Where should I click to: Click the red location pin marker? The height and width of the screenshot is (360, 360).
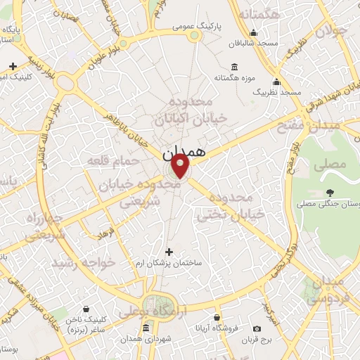181,166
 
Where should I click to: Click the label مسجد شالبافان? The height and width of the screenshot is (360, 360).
257,43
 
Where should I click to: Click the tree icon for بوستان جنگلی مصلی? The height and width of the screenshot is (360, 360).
330,192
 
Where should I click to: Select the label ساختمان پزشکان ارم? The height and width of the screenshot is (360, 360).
169,262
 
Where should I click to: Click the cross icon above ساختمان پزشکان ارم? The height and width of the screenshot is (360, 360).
169,251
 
